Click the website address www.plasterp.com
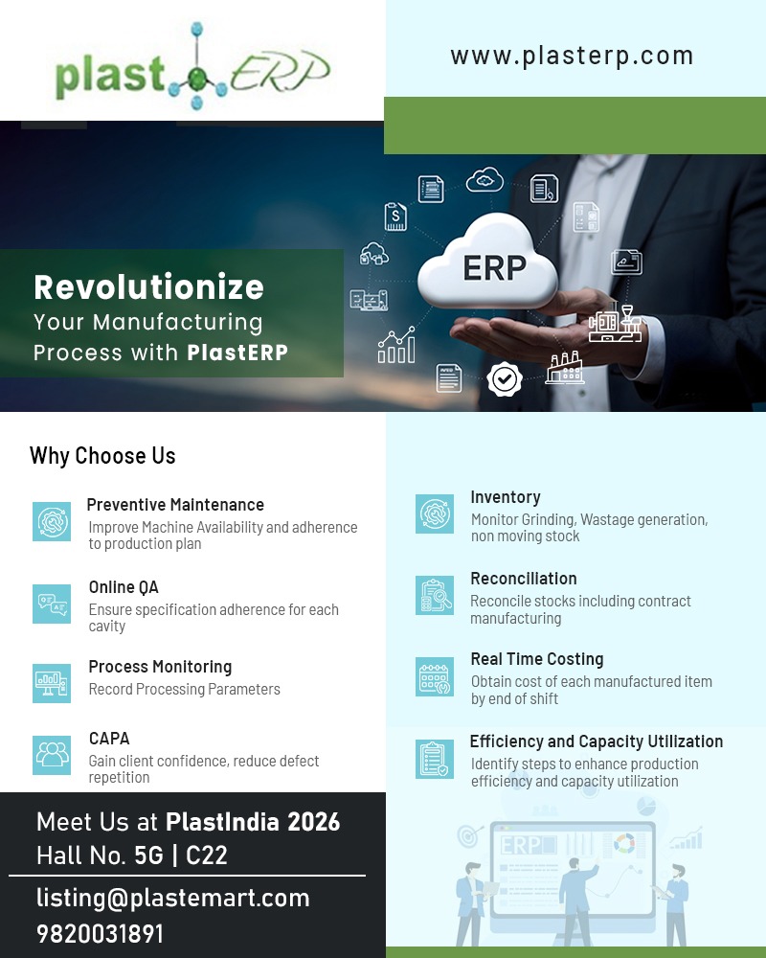tap(572, 56)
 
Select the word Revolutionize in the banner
tap(148, 286)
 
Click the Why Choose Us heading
tap(102, 456)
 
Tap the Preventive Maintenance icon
tap(52, 521)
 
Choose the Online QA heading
tap(124, 587)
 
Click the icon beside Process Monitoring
tap(52, 683)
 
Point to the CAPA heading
tap(109, 739)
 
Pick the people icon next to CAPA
tap(52, 754)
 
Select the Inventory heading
tap(506, 497)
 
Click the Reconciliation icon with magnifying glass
tap(435, 595)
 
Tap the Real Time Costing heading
tap(536, 659)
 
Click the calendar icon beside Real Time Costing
tap(435, 676)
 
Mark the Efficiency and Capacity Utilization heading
tap(596, 741)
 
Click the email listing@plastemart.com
tap(173, 898)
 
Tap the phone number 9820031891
tap(101, 934)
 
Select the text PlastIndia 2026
tap(253, 822)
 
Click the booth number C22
tap(207, 855)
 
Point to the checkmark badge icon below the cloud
tap(504, 379)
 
